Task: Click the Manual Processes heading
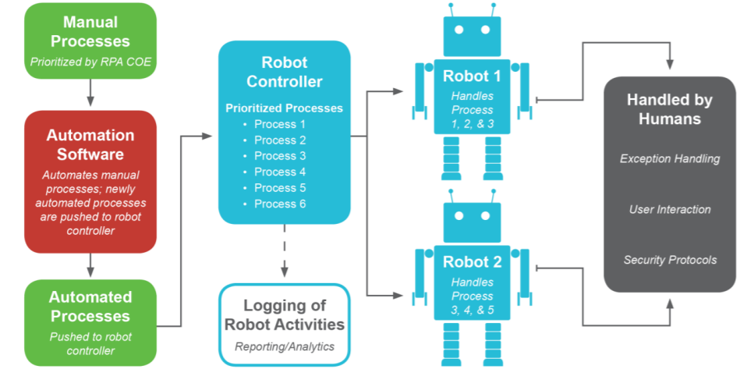tap(90, 31)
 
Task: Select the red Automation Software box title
tap(90, 144)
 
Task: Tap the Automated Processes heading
tap(90, 307)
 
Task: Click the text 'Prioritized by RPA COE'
tap(90, 61)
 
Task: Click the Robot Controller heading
tap(284, 72)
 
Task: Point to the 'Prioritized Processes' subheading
tap(284, 108)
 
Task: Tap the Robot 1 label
tap(473, 76)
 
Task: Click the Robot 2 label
tap(473, 262)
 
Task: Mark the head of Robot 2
tap(473, 219)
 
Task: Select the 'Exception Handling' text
tap(670, 158)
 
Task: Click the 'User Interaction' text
tap(670, 209)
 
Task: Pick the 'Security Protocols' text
tap(670, 260)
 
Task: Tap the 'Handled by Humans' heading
tap(670, 109)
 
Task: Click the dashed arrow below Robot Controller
tap(284, 250)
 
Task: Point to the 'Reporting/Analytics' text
tap(284, 346)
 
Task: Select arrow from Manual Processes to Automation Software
tap(90, 92)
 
